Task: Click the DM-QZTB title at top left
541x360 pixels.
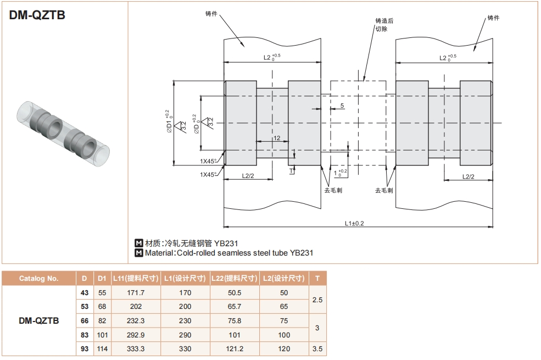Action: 37,15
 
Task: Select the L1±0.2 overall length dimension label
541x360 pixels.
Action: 355,223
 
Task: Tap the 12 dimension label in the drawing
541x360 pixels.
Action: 277,138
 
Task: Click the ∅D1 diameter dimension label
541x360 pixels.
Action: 168,122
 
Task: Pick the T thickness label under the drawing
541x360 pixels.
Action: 291,171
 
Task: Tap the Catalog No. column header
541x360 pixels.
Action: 38,279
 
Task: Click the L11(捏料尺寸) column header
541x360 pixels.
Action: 136,279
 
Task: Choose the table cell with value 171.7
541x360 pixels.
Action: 136,293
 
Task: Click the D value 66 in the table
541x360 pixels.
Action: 85,320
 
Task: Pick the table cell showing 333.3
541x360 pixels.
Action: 136,348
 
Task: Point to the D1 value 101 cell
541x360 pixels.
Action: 102,335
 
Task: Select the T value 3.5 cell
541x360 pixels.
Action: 317,348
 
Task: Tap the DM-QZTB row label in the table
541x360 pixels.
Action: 38,320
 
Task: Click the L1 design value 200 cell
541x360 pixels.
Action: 186,307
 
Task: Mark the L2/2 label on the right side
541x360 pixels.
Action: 468,176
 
